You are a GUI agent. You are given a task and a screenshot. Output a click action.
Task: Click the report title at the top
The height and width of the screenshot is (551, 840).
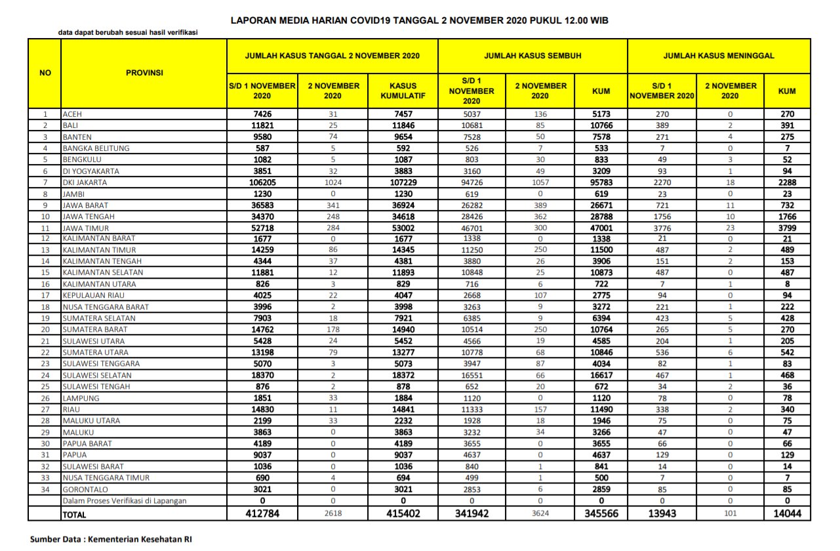(420, 21)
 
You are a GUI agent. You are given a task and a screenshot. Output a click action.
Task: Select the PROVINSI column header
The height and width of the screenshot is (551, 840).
(144, 73)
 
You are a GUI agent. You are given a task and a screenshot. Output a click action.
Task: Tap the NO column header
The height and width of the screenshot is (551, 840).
(45, 73)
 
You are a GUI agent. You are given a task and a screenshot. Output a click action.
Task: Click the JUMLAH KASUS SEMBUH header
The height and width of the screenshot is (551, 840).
(532, 56)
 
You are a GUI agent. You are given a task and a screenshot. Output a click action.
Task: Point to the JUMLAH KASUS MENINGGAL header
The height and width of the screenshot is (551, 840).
(719, 56)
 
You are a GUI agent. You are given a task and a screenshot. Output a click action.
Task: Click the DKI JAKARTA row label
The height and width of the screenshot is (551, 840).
(85, 182)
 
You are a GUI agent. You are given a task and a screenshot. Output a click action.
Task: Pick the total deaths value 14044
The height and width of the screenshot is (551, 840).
(787, 514)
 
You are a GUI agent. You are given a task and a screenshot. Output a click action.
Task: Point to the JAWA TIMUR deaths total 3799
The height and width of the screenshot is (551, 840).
(787, 228)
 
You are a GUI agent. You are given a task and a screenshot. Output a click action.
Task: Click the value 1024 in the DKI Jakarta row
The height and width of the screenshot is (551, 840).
(333, 182)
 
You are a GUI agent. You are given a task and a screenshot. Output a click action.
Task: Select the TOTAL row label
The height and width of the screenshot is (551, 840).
(74, 515)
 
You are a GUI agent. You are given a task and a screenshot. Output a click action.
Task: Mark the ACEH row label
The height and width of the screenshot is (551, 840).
(72, 114)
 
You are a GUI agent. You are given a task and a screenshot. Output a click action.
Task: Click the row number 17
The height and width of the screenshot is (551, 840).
(45, 296)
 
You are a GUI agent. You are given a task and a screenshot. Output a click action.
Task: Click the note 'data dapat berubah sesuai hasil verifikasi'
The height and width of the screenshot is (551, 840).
(128, 32)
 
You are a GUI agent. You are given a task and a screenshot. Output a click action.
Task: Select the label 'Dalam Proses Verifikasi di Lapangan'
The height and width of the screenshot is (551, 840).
(124, 501)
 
